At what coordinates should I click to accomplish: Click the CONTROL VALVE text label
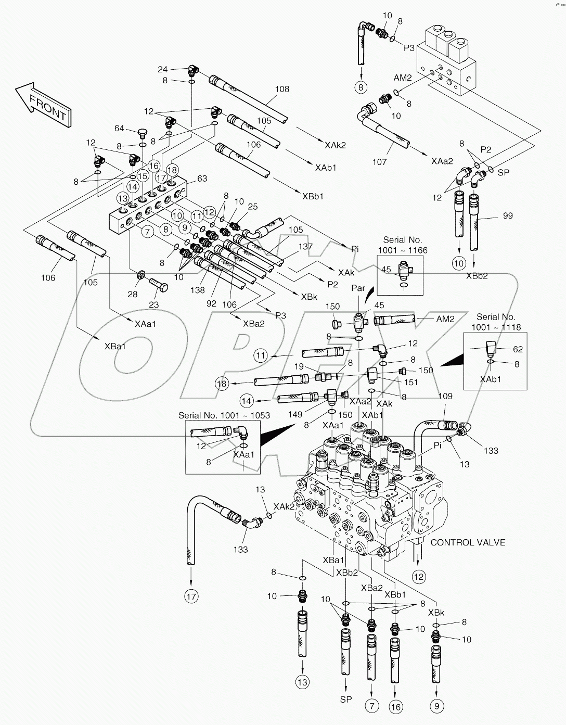click(x=468, y=542)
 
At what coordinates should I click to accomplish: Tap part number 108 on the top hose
click(x=282, y=89)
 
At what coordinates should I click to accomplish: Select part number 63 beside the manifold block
click(x=202, y=179)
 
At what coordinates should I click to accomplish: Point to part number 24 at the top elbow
click(x=163, y=69)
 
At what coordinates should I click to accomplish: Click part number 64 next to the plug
click(x=119, y=129)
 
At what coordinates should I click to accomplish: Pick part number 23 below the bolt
click(x=154, y=304)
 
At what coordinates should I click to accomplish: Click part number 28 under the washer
click(x=133, y=295)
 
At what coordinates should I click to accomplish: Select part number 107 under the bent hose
click(x=379, y=162)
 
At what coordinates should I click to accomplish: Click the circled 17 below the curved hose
click(x=191, y=596)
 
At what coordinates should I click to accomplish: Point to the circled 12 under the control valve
click(x=419, y=576)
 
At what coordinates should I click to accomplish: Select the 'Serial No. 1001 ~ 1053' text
click(x=224, y=415)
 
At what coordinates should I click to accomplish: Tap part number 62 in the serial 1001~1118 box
click(x=518, y=349)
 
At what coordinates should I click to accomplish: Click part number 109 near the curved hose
click(x=445, y=396)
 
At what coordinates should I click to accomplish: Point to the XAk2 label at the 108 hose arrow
click(x=335, y=145)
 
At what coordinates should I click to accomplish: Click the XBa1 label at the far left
click(x=114, y=347)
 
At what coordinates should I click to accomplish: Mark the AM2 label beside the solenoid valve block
click(x=402, y=78)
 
